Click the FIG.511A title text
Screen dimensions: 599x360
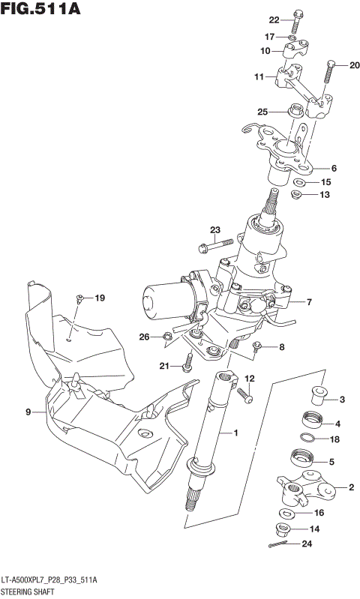[40, 10]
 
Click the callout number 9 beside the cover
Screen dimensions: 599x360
[28, 412]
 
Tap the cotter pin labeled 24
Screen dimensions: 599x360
[278, 544]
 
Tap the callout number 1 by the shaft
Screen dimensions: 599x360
[235, 433]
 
